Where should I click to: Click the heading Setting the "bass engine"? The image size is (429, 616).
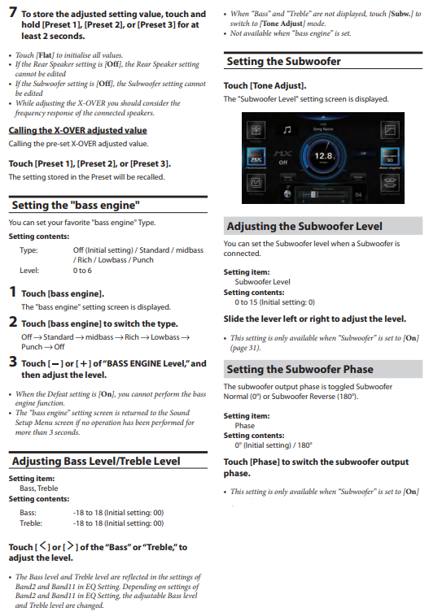(x=75, y=205)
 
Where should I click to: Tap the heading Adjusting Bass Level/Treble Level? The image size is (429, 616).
(x=96, y=462)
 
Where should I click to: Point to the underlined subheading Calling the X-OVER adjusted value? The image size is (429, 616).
(x=77, y=130)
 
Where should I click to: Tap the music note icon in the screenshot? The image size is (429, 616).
(x=287, y=129)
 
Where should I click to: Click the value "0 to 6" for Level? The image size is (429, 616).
(x=83, y=270)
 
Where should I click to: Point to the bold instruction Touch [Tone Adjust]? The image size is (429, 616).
(x=265, y=85)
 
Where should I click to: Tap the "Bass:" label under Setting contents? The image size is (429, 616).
(x=28, y=513)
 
